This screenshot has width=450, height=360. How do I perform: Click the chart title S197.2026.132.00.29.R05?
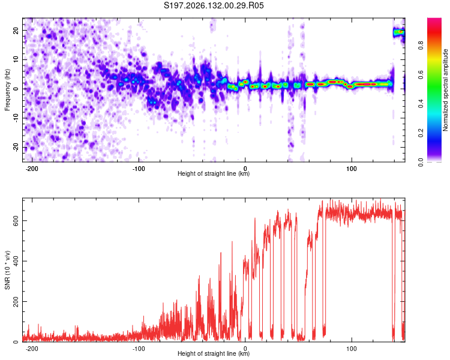214,5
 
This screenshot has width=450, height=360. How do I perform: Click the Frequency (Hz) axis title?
7,90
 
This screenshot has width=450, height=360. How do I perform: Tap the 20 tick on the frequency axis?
16,31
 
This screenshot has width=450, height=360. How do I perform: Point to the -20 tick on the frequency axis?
16,148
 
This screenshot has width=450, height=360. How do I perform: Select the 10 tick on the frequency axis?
16,59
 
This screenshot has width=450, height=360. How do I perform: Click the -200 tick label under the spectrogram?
32,169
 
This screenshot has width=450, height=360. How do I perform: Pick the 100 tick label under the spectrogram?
351,169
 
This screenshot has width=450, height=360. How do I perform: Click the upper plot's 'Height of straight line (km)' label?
214,173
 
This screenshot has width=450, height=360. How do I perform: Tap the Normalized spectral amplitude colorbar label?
445,90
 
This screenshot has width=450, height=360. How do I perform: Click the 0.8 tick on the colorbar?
421,46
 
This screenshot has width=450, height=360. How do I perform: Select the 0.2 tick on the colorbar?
421,133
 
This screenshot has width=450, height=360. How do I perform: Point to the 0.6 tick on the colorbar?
421,74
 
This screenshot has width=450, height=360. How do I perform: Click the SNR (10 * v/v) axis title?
7,270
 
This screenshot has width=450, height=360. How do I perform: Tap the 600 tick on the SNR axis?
16,220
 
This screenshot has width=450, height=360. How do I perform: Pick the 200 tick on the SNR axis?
16,301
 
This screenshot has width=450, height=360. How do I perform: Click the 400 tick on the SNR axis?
16,261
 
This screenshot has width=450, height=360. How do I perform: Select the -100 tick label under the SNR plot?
139,349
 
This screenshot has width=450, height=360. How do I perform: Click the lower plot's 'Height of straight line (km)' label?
214,353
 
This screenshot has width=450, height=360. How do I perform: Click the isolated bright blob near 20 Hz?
399,32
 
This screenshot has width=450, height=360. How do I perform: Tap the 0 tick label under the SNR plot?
245,349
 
